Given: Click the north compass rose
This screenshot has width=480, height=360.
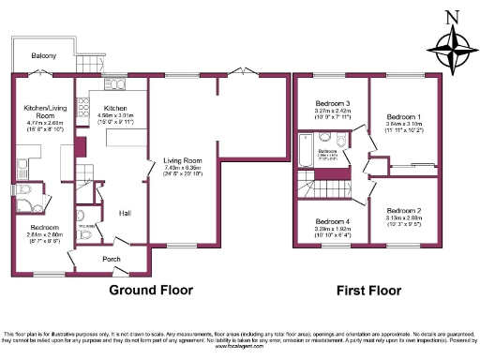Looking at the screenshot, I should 451,48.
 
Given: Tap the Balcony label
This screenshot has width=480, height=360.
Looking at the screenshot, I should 43,56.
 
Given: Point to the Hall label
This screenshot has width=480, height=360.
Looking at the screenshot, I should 124,214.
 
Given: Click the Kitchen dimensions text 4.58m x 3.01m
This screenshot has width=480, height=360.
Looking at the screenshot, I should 120,117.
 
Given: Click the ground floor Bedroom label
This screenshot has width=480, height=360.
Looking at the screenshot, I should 43,228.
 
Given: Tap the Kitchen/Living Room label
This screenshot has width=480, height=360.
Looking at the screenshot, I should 41,112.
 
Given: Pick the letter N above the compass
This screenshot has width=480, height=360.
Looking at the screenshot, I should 452,15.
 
